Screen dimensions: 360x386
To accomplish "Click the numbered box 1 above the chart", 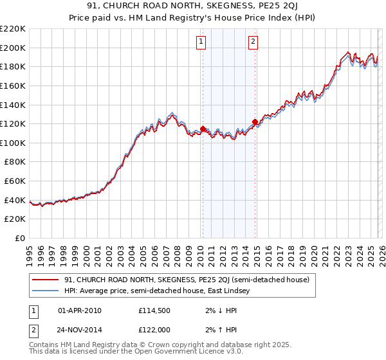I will click(x=201, y=42).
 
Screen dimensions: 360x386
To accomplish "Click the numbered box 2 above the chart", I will click(x=253, y=42).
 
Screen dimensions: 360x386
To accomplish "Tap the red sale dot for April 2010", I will click(x=203, y=129).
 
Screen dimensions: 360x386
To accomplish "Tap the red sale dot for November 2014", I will click(x=255, y=122).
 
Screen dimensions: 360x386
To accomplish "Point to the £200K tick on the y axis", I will click(x=13, y=48).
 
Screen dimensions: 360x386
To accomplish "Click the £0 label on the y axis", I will click(x=19, y=239).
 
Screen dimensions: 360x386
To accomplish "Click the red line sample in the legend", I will click(x=46, y=280).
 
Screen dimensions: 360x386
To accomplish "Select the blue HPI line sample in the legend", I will click(x=46, y=291).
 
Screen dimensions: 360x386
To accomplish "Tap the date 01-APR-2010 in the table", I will click(x=79, y=310).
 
